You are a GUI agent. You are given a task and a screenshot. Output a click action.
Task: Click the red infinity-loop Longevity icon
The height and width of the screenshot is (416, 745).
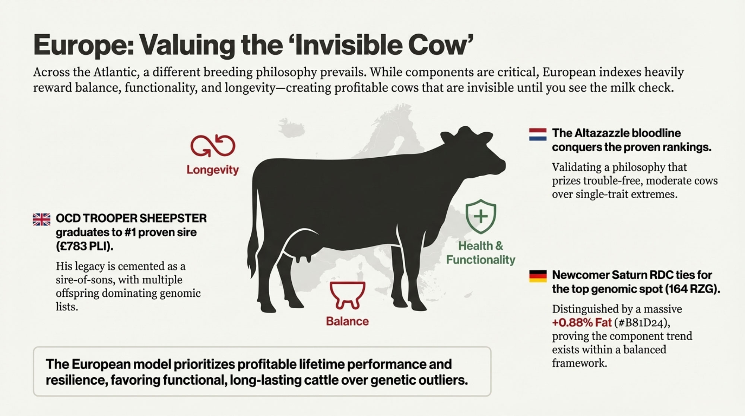point(213,145)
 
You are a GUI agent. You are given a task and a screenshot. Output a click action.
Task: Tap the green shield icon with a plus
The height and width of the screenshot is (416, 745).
point(481,216)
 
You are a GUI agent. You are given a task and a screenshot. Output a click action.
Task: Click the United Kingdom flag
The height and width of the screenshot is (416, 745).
point(42,219)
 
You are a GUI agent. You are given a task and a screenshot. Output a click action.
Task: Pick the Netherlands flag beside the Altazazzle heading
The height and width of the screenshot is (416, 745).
point(538,134)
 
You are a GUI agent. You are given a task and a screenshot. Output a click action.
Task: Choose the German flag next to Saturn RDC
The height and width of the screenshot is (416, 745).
point(538,276)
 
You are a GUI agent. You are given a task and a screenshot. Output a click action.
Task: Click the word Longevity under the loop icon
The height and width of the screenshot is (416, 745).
point(213,170)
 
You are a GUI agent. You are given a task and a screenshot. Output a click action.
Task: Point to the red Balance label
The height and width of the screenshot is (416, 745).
point(347,321)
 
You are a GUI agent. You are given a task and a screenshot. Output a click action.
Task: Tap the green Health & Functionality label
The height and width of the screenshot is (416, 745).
point(481,253)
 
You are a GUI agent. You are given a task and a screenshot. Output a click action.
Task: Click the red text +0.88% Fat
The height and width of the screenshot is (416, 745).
point(582,322)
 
